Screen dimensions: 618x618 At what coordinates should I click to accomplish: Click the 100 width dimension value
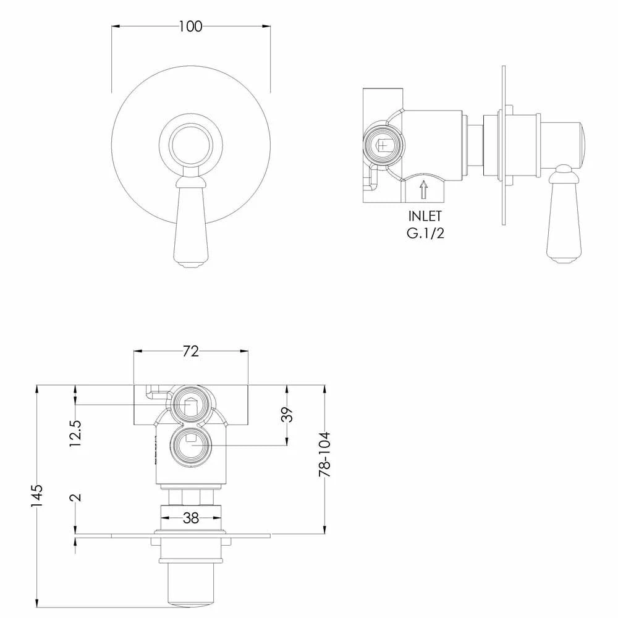190,26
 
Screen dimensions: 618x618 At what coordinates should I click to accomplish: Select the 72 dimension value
191,351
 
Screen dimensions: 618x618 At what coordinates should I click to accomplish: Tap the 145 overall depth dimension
38,496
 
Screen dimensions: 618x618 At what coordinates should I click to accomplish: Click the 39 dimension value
286,415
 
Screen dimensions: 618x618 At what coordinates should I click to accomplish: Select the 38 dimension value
191,519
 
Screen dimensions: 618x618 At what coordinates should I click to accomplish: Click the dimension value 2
75,497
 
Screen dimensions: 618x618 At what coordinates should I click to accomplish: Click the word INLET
425,217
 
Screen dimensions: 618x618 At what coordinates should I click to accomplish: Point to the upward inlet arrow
423,188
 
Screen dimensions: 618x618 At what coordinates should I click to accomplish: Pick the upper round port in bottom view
191,405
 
